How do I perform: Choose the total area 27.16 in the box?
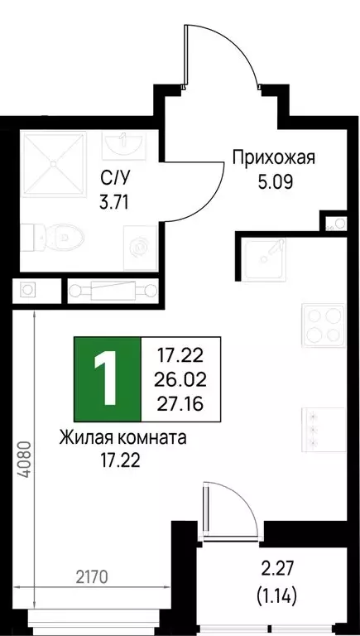click(x=180, y=403)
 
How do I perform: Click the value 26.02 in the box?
click(x=180, y=380)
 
